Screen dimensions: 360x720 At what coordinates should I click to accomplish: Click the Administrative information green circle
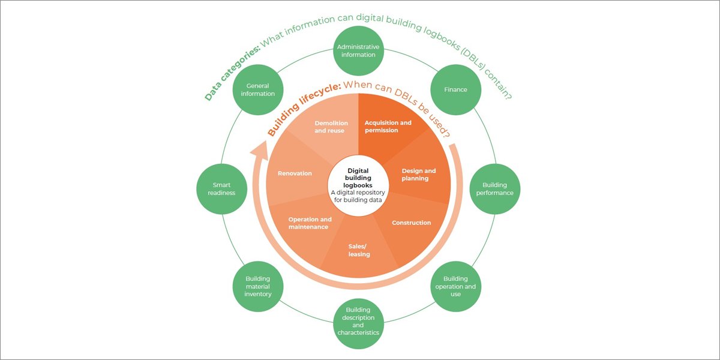(x=358, y=51)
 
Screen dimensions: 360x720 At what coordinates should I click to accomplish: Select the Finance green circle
(x=455, y=90)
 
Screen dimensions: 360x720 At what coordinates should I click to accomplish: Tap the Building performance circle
(x=494, y=189)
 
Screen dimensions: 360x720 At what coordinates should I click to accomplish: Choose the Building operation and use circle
(x=455, y=286)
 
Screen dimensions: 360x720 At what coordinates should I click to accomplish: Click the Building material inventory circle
(x=258, y=286)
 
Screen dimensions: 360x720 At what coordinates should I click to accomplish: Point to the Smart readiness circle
(x=222, y=189)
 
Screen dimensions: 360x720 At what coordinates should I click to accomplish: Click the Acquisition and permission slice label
(x=388, y=127)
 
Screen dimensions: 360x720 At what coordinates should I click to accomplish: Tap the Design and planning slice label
(x=418, y=175)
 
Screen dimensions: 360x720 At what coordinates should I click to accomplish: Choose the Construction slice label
(x=411, y=223)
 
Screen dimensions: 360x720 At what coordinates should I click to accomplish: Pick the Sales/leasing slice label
(x=359, y=250)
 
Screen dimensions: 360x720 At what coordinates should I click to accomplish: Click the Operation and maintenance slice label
(x=310, y=223)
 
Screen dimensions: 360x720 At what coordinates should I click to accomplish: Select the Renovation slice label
(x=295, y=173)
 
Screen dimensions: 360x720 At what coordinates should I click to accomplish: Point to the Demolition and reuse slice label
(x=331, y=127)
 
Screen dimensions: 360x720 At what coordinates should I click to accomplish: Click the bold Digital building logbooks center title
(x=359, y=178)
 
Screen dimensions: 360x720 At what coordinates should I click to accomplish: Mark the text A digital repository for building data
(x=359, y=196)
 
